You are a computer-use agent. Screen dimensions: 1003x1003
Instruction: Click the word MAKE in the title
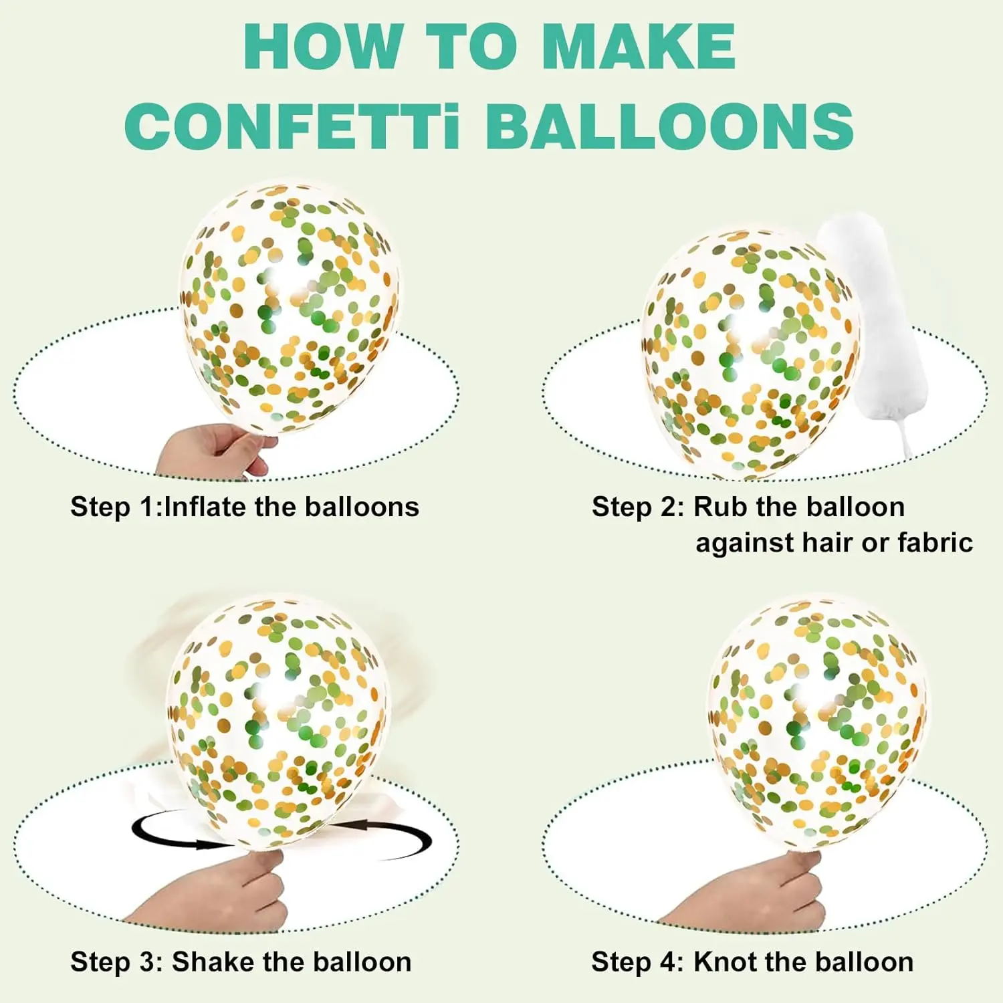pos(639,46)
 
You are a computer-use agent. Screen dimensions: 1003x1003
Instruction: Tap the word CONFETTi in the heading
pos(292,126)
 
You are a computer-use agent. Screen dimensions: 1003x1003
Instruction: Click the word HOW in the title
pos(322,46)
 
